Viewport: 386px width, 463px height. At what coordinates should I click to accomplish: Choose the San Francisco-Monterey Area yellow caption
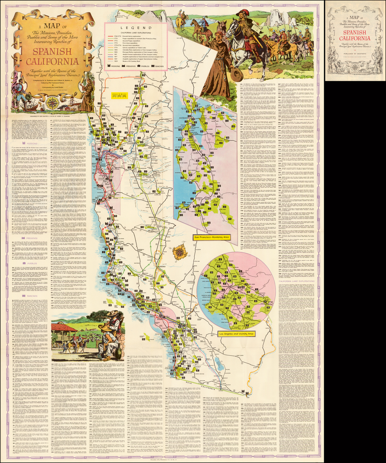click(212, 238)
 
